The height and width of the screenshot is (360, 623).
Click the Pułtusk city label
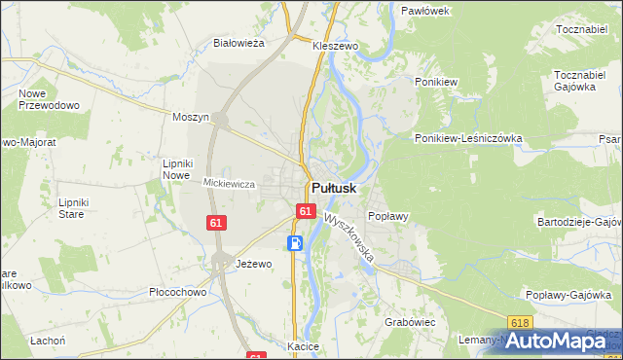334,188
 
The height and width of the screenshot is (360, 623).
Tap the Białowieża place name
239,43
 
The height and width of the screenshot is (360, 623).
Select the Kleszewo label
336,46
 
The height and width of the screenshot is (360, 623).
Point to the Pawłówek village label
425,11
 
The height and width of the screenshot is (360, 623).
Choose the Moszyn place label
191,117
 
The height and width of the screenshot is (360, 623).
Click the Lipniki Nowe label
177,168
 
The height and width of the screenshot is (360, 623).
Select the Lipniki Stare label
74,208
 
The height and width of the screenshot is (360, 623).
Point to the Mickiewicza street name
229,183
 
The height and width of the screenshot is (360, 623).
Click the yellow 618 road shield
521,322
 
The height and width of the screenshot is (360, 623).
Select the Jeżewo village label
254,264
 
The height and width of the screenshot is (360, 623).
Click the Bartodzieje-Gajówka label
579,222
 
